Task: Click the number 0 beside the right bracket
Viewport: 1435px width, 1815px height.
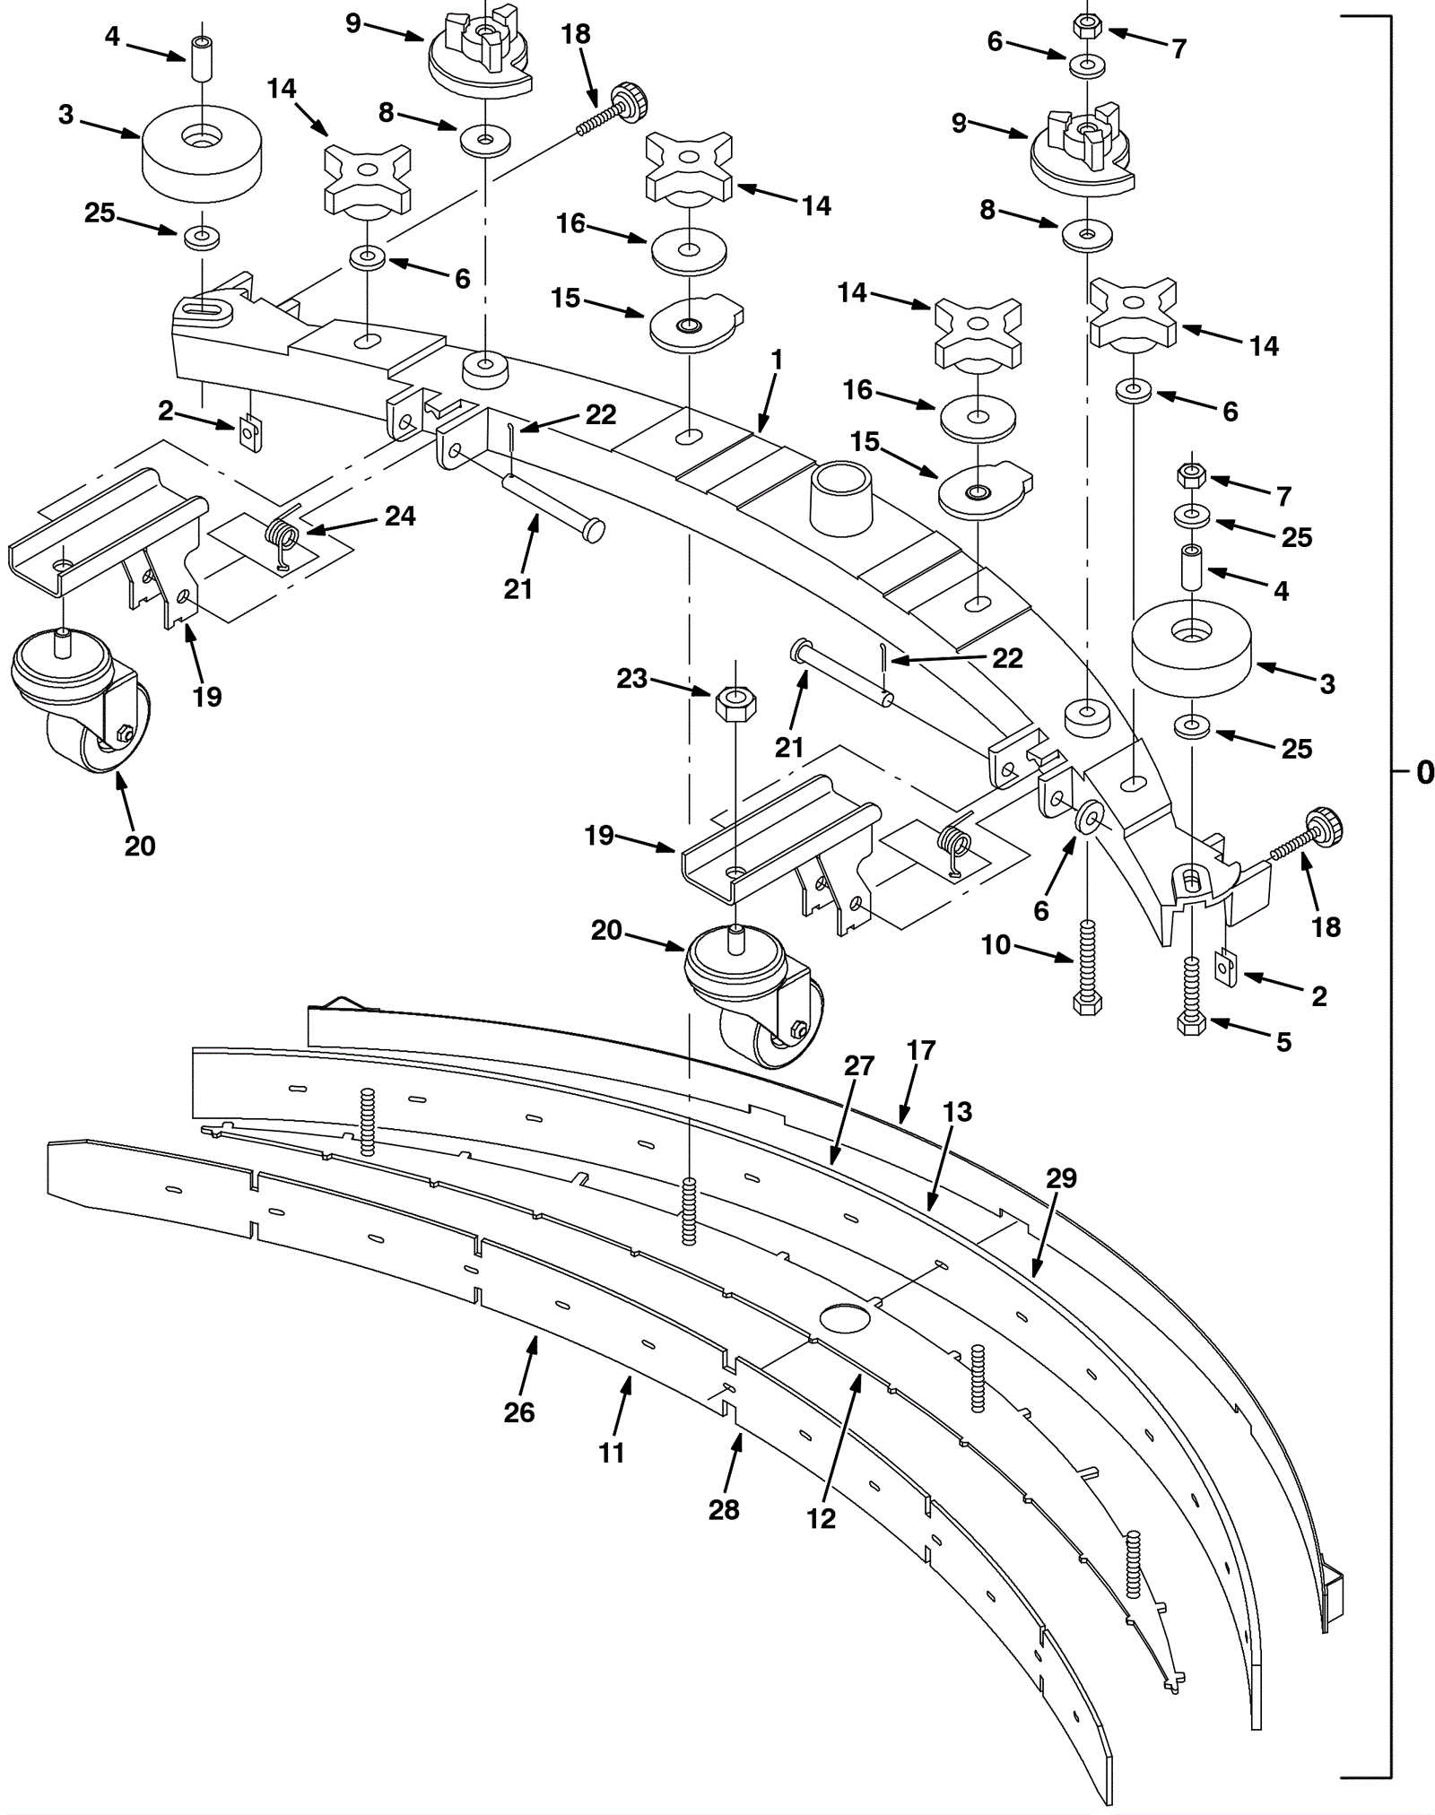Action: [1424, 772]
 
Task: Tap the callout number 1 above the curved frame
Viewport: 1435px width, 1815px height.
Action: [777, 360]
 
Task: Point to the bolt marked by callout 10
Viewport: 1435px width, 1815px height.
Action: [1087, 967]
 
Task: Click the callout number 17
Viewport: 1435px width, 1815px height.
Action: [921, 1050]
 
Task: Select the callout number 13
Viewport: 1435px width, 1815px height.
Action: [958, 1112]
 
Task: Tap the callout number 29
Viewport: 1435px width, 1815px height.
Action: [1061, 1177]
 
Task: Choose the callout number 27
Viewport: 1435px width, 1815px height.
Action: [858, 1066]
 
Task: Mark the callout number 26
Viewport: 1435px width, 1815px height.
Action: [519, 1412]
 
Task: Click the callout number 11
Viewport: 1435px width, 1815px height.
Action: [612, 1453]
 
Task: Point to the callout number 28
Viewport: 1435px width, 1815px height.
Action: [724, 1510]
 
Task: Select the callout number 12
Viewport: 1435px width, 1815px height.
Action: [821, 1518]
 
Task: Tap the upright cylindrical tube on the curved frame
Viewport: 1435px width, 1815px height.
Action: [841, 499]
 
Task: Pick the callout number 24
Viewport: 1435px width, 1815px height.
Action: [400, 516]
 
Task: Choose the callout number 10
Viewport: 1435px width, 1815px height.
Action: [996, 945]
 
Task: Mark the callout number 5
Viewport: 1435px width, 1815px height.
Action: [1283, 1042]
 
